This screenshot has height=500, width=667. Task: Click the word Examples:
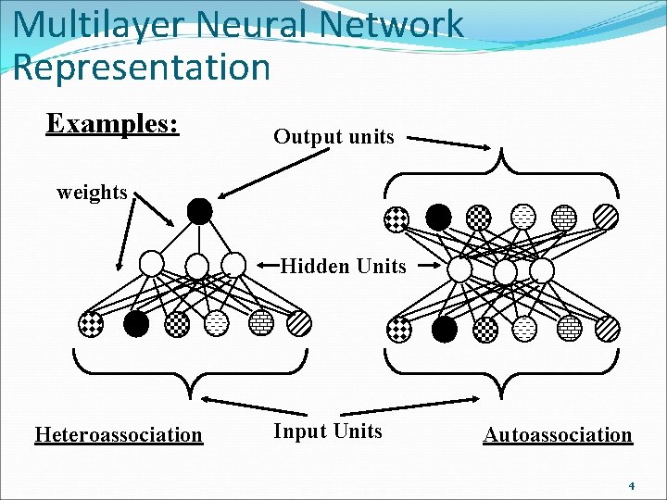112,124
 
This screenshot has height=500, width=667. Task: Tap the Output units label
333,137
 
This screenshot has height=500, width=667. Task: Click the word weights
92,193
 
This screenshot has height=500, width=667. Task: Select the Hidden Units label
343,267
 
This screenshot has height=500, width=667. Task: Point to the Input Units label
327,431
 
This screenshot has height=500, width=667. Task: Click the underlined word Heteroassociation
118,434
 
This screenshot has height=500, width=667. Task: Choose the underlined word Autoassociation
557,434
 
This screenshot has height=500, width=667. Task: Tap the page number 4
631,485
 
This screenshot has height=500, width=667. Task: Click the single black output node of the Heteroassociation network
199,212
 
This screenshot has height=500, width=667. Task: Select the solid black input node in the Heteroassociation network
136,323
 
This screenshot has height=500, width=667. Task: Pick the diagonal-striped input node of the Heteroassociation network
298,323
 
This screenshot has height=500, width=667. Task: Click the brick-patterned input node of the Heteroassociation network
260,323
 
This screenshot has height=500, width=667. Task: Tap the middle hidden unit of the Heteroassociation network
197,267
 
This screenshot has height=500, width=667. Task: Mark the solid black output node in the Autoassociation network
438,218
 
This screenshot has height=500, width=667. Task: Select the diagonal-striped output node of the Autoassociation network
606,218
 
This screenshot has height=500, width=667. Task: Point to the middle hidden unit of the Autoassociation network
505,272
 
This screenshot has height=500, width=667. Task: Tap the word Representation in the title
142,67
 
